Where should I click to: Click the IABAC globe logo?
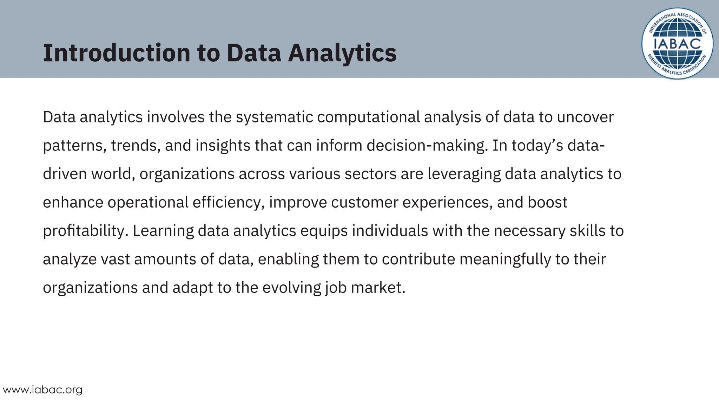click(677, 43)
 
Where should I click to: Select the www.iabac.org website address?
click(42, 390)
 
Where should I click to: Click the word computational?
click(368, 117)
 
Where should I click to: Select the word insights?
click(223, 146)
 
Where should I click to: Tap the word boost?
click(547, 202)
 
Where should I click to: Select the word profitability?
click(85, 231)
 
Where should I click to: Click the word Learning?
click(163, 231)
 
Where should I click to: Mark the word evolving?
click(291, 288)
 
